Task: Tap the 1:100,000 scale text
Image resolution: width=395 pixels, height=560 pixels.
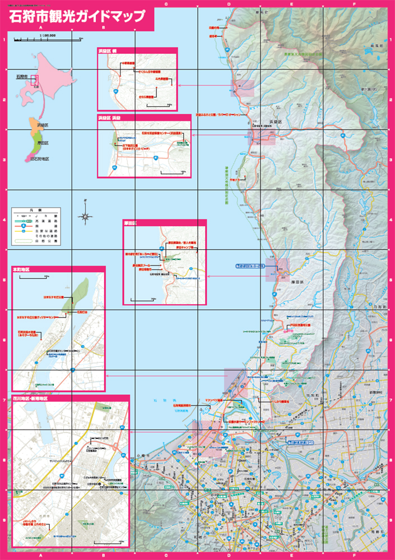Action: [48, 35]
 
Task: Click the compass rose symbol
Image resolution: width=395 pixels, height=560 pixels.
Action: [85, 215]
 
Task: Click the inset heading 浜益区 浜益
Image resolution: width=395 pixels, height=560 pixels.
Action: [110, 119]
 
